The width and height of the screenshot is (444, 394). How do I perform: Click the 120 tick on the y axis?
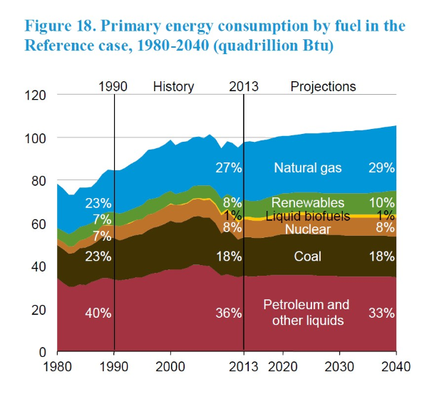point(35,95)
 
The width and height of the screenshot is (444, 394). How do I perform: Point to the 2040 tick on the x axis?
point(396,369)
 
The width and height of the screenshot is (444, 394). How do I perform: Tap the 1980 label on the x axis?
point(57,369)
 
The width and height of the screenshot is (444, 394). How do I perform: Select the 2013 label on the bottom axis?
point(244,369)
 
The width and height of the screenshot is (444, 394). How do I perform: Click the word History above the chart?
point(173,86)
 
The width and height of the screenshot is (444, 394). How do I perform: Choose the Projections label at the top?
point(323,86)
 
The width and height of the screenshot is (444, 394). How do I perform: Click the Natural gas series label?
point(308,168)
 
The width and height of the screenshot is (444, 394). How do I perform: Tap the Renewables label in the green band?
point(308,203)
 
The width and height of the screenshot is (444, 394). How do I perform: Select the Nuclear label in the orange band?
point(308,229)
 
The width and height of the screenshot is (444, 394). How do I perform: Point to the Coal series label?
point(308,256)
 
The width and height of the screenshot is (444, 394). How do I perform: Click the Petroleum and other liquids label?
point(306,312)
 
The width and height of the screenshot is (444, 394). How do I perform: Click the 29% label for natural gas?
point(381,168)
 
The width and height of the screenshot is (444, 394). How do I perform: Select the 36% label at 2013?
point(229,313)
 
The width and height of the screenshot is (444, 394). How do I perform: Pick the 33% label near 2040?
point(381,313)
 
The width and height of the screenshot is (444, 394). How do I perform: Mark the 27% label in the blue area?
point(229,168)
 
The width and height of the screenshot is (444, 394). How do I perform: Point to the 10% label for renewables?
point(381,203)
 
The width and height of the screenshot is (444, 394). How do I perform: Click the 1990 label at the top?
point(112,86)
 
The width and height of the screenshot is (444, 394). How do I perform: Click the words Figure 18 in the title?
point(59,26)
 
